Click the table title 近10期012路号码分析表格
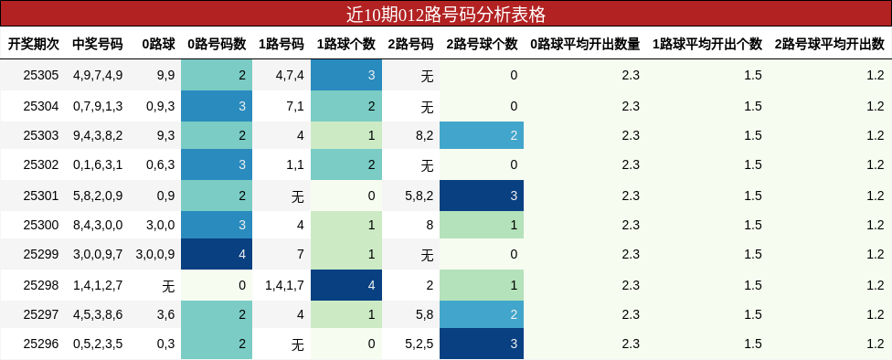[x=446, y=14]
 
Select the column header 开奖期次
[x=34, y=44]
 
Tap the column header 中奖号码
[x=97, y=44]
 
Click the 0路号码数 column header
[x=217, y=44]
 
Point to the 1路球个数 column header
[x=345, y=44]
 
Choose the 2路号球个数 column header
[x=482, y=44]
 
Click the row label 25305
[x=40, y=76]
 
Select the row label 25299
[x=40, y=255]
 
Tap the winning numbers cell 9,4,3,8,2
[x=97, y=135]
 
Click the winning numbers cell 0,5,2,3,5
[x=97, y=344]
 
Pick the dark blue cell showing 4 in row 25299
[x=216, y=255]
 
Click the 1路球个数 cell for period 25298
[x=345, y=285]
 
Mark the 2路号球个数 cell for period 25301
[x=481, y=196]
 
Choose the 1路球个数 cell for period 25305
[x=345, y=76]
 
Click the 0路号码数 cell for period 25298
[x=216, y=285]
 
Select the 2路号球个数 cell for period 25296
[x=481, y=344]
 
